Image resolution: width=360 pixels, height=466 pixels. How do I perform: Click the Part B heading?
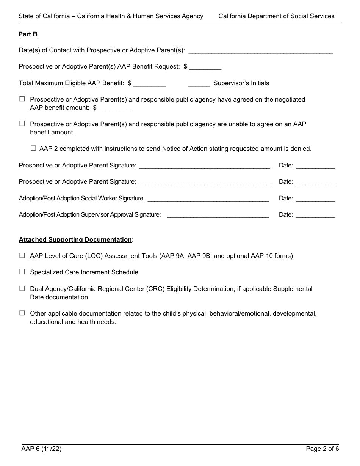tap(28, 34)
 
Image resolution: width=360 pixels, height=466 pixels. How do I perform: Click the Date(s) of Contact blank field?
tap(260, 50)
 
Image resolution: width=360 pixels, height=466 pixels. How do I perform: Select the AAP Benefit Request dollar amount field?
tap(205, 67)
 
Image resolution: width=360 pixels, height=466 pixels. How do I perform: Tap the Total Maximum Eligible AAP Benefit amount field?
tap(149, 83)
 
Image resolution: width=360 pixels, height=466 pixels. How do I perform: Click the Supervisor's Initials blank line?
tap(199, 83)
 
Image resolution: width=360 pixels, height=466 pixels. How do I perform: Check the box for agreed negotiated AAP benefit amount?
tap(22, 99)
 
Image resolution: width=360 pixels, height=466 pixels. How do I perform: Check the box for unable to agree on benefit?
tap(22, 124)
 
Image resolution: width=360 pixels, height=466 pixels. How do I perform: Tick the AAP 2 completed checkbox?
tap(33, 149)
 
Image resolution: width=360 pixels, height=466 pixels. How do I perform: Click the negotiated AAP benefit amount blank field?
tap(114, 108)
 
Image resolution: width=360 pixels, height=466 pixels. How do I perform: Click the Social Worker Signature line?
tap(208, 199)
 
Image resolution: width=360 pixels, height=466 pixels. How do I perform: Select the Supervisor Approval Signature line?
tap(218, 215)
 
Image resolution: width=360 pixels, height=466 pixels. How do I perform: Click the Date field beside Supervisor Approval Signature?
tap(315, 215)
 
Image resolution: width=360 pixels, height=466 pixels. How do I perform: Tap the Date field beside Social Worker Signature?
tap(315, 199)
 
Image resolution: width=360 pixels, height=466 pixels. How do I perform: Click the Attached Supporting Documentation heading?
tap(76, 239)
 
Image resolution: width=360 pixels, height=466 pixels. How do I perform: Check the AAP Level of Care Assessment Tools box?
tap(22, 256)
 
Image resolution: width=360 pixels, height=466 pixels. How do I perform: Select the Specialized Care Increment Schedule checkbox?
tap(22, 272)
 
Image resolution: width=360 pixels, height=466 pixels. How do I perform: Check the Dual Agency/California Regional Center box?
tap(22, 289)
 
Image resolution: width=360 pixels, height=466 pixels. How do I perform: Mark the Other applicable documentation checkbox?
tap(22, 313)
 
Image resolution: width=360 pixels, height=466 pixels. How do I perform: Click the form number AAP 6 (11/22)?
tap(41, 449)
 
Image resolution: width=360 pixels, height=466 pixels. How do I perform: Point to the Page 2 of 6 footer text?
tap(322, 449)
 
